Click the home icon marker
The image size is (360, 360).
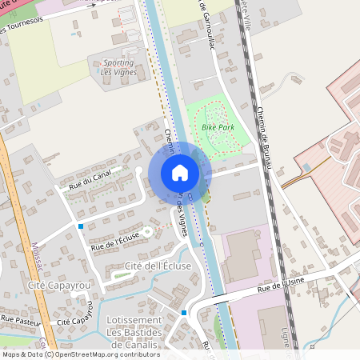coord(180,173)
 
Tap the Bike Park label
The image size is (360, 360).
coord(218,126)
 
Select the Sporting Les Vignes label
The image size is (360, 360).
coord(118,67)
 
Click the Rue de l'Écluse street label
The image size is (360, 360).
coord(115,241)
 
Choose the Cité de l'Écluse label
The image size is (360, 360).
coord(156,265)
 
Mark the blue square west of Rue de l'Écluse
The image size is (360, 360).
coord(81,226)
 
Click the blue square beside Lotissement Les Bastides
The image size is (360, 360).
coord(184,312)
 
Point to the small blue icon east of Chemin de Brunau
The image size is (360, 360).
coord(307,167)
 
